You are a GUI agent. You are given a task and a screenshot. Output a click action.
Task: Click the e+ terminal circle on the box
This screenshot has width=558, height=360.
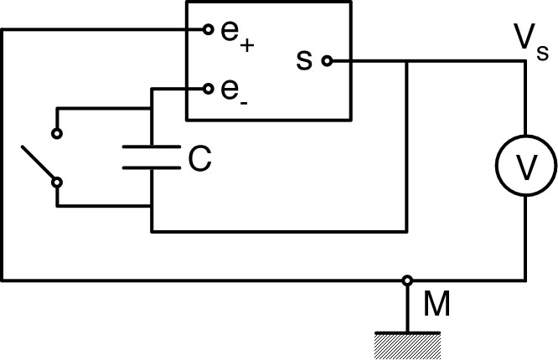(207, 30)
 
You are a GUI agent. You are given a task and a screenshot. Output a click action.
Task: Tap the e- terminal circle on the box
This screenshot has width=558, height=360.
(207, 88)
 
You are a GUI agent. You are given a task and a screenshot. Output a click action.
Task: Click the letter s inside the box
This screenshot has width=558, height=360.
(304, 59)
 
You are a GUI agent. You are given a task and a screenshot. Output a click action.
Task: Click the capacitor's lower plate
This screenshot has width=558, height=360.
(152, 167)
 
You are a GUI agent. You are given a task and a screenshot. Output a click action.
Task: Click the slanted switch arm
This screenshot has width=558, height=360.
(39, 164)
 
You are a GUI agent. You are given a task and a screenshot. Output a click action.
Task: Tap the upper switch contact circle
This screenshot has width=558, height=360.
(57, 132)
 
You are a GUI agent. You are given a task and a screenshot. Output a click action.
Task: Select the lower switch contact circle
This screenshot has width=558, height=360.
(57, 180)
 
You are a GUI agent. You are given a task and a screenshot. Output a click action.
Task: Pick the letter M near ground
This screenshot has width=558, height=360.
(437, 306)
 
